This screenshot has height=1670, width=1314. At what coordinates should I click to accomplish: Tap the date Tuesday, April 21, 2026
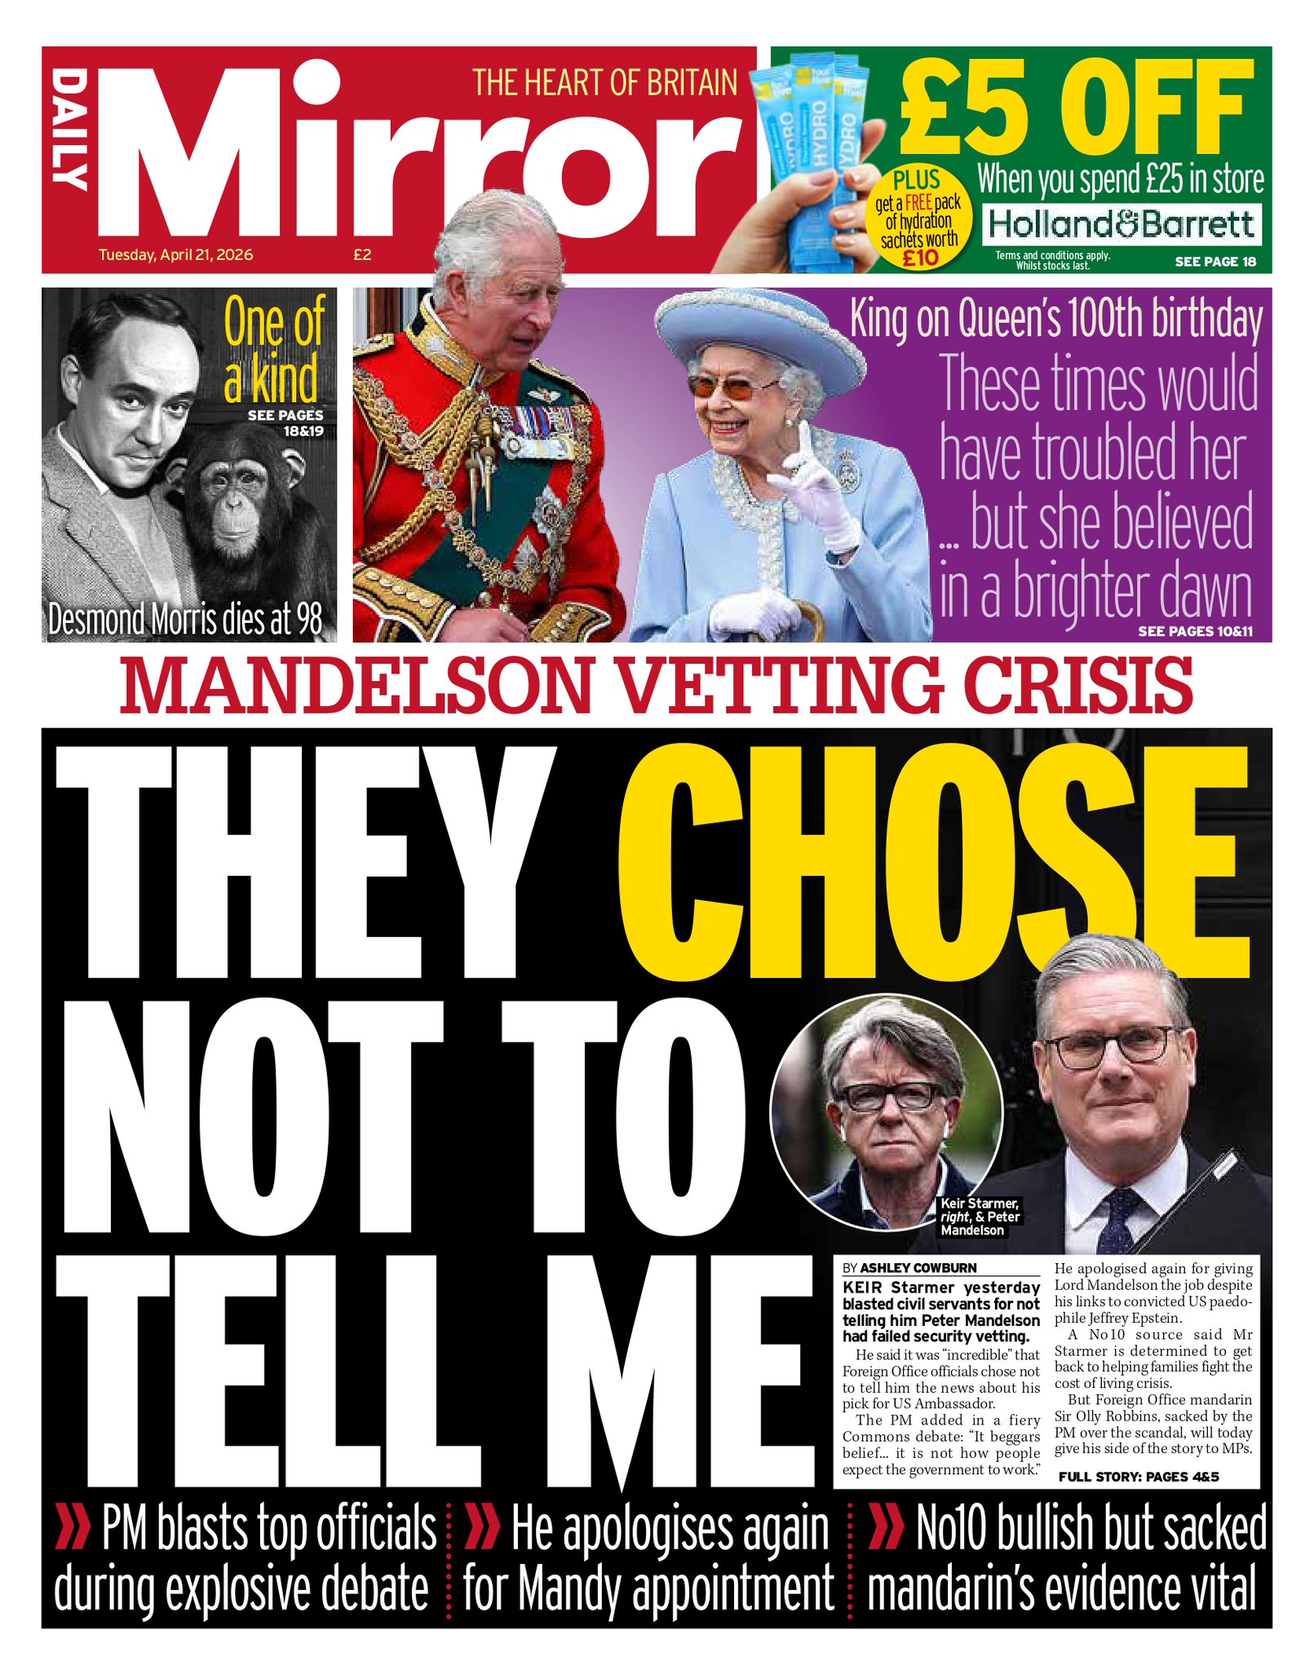(175, 254)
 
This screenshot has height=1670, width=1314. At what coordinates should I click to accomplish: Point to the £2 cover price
(362, 254)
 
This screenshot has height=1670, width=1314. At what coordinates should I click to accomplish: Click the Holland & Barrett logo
(1122, 223)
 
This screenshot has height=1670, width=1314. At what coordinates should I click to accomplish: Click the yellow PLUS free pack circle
(918, 217)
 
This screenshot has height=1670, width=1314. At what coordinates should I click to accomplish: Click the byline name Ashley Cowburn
(918, 1268)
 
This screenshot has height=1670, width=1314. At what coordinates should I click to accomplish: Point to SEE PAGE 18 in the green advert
(1215, 262)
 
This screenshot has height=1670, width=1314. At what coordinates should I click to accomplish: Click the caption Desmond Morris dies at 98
(186, 620)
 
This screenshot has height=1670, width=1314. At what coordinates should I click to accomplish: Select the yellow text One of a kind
(273, 351)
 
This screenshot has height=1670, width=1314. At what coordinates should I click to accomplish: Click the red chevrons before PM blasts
(72, 1528)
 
